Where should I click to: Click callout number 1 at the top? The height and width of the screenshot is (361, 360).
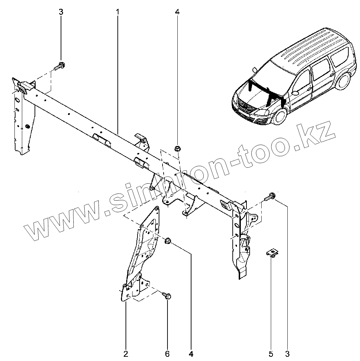tap(117, 12)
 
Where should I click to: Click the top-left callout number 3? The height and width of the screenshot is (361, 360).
tap(61, 12)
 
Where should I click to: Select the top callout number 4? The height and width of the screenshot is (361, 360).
tap(177, 12)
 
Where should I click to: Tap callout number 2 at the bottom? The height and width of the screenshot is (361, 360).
tap(126, 353)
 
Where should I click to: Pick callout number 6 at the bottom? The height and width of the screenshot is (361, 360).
tap(167, 353)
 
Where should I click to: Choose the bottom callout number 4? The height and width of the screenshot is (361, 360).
tap(191, 353)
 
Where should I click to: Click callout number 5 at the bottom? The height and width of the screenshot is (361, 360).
tap(271, 353)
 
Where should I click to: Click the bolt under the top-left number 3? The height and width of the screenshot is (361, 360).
tap(60, 66)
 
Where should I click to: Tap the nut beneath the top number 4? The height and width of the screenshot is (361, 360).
tap(177, 148)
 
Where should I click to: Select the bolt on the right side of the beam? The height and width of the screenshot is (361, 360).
tap(271, 197)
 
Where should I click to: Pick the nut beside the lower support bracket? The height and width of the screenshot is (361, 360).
tap(167, 241)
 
